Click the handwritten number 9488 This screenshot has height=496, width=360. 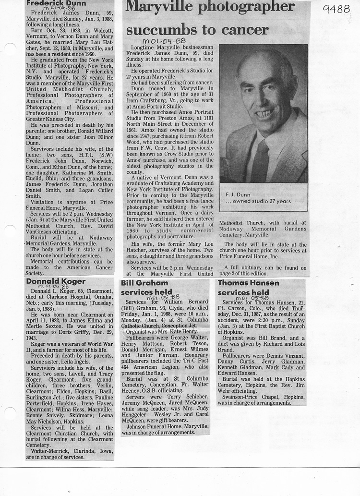pos(336,9)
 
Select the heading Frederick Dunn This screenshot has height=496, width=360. pos(56,3)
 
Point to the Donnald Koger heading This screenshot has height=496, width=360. pos(56,281)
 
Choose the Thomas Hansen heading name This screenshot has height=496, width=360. pos(248,283)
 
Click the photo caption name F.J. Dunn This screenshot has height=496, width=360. pos(236,194)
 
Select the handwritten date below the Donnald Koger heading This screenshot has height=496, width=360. pos(54,287)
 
